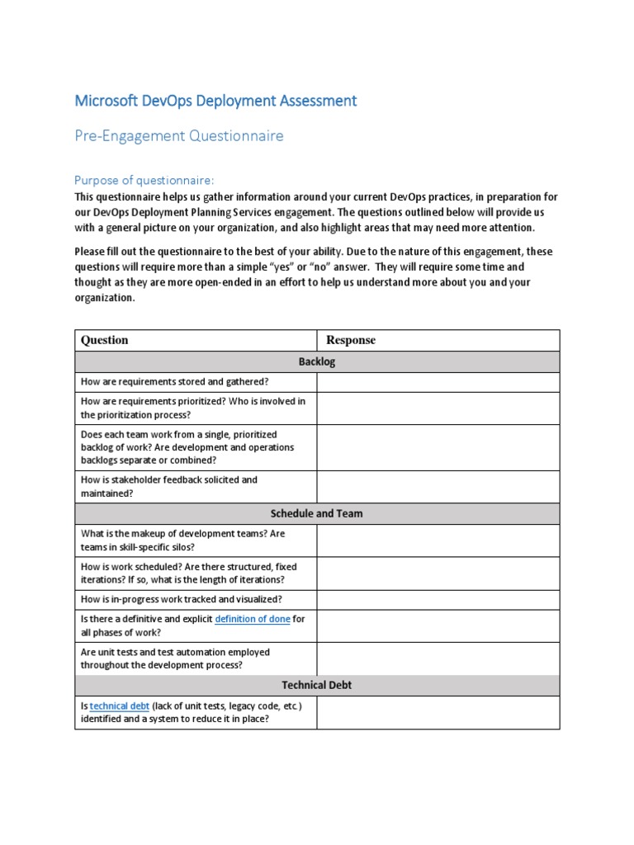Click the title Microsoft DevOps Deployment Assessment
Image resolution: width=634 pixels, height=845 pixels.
(x=215, y=101)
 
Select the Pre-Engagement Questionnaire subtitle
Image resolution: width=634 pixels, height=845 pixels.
(x=179, y=136)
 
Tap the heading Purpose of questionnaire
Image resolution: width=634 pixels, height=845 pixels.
(x=144, y=180)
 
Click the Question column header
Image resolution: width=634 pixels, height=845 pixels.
(x=104, y=340)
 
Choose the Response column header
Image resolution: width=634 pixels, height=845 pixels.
(x=351, y=340)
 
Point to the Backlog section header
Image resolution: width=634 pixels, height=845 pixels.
(x=317, y=361)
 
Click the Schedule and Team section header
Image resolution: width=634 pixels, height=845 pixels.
(x=317, y=513)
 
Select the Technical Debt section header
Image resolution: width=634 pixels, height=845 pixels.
(x=317, y=685)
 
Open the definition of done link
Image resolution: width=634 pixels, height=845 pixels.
(x=252, y=619)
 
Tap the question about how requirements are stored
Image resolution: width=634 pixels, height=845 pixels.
(x=174, y=381)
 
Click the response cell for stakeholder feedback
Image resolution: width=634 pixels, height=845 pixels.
(x=438, y=486)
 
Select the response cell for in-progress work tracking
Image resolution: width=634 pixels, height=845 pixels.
(x=438, y=599)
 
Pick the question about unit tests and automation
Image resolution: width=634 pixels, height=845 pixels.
(x=174, y=659)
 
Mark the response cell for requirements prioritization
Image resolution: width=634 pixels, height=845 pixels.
(x=438, y=408)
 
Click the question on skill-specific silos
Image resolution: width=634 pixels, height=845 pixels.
(x=182, y=540)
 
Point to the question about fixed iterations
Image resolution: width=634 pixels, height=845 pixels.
(x=188, y=573)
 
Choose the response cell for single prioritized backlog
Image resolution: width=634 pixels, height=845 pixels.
(x=438, y=447)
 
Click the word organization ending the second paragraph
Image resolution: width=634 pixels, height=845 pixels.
(x=105, y=298)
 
